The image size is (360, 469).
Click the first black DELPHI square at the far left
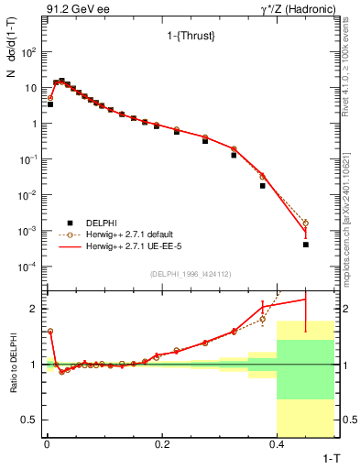50,104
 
